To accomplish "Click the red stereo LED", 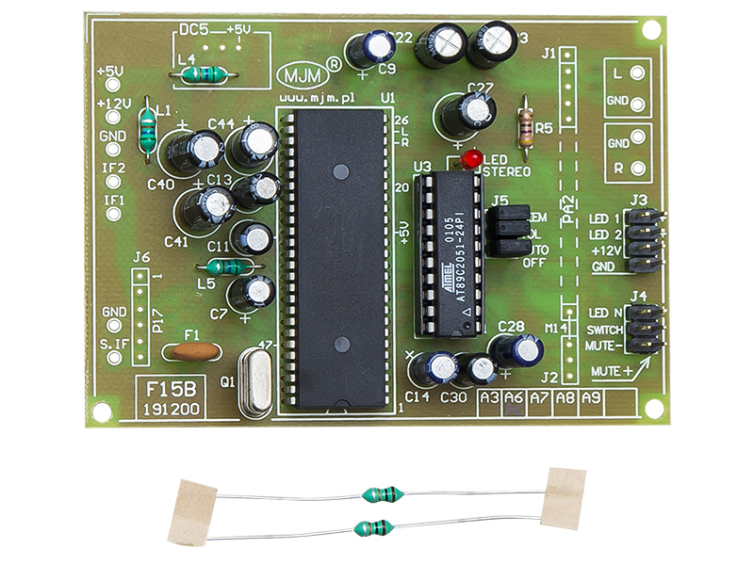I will pos(472,156).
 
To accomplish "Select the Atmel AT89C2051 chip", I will pos(450,253).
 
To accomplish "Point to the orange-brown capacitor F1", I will pos(192,352).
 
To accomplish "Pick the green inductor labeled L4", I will pos(204,73).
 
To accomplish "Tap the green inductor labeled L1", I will pos(148,129).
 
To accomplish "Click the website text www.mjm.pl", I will pos(317,97).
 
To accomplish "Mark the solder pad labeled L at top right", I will pos(640,73).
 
